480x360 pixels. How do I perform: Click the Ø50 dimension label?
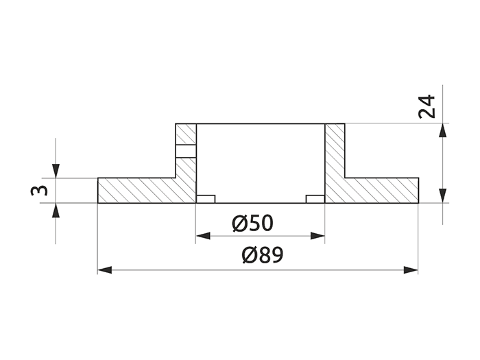(x=252, y=224)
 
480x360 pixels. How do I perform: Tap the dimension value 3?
(x=40, y=190)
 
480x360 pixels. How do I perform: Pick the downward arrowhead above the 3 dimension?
(x=56, y=171)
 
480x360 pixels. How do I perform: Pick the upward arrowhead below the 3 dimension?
(x=56, y=209)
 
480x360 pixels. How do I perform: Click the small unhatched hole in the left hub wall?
(x=186, y=152)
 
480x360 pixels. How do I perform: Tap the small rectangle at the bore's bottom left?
(x=206, y=199)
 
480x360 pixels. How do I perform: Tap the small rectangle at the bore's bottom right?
(x=315, y=199)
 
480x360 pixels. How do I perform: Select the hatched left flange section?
(x=137, y=191)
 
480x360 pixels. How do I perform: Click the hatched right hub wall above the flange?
(x=335, y=151)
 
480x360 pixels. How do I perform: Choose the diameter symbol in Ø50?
(x=239, y=224)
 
